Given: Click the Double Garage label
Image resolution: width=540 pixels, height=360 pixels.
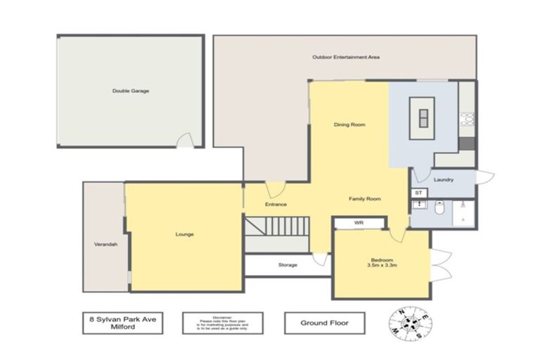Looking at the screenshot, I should pos(131,91).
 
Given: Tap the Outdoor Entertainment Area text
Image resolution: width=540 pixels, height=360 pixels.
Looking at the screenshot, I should pos(346,57).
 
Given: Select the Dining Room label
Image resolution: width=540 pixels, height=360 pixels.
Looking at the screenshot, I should pos(349,124).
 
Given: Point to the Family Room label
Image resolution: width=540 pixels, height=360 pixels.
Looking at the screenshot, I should pos(365,199).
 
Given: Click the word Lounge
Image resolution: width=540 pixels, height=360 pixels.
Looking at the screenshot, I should pos(185,234).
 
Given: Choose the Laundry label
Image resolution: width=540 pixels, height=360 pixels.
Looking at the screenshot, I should pos(444,180).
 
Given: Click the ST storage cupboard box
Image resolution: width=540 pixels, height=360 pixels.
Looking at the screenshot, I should pos(418,193).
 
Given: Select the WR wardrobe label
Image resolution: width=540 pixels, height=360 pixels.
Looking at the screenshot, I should pos(359,223).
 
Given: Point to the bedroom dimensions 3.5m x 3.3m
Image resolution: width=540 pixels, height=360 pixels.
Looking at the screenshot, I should pos(382,266).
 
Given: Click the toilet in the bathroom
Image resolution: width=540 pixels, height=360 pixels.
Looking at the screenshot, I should pos(439,208).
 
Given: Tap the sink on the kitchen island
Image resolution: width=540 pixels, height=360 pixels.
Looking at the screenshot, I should pos(423,117).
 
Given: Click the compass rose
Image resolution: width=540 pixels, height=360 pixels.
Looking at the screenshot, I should pos(411,323).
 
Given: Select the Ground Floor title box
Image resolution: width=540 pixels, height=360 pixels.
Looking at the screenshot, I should pos(325,323).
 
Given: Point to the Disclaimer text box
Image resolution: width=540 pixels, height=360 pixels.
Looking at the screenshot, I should pos(222,323).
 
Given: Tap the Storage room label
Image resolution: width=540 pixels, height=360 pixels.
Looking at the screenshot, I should pos(288,265).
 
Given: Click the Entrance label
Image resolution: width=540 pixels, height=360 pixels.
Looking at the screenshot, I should pos(276,205).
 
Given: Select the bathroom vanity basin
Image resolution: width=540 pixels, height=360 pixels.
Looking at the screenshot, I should pos(419,206).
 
